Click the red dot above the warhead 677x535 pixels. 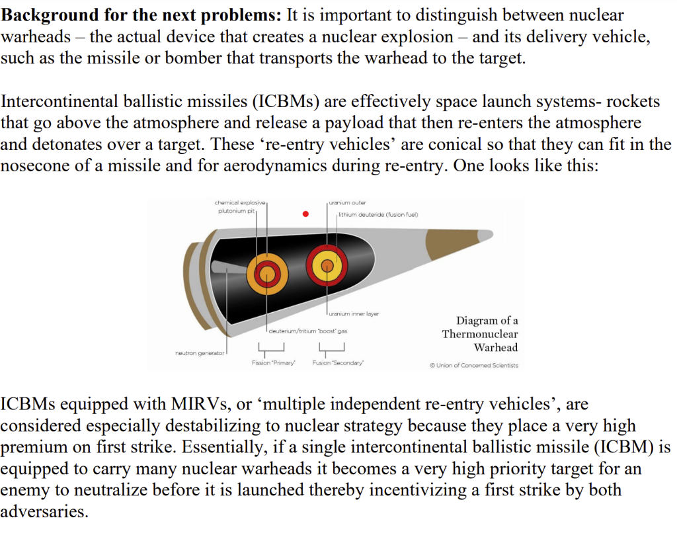tap(305, 214)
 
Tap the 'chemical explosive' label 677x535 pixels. tap(239, 202)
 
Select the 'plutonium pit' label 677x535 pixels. tap(236, 211)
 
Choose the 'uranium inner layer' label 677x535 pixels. tap(354, 313)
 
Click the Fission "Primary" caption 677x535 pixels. tap(273, 363)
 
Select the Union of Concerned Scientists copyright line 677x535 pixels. tap(474, 365)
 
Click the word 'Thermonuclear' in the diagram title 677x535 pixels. tap(480, 334)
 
